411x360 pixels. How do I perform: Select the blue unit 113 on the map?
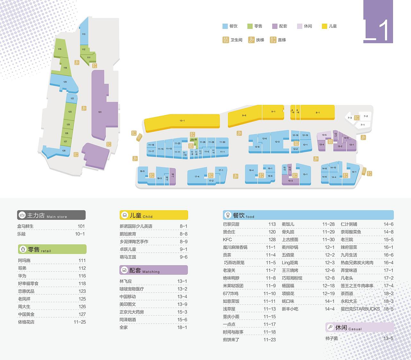[x=83, y=34]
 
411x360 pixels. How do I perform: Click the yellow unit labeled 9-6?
[x=244, y=115]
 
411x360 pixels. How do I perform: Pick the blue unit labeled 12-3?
[x=277, y=142]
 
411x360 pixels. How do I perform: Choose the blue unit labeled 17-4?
[x=197, y=176]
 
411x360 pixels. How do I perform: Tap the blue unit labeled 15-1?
[x=305, y=175]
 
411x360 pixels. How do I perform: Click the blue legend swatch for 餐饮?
[x=225, y=26]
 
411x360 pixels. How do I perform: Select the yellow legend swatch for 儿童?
[x=324, y=26]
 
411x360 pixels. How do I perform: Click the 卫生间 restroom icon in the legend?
[x=225, y=40]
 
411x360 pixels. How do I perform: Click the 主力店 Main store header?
[x=51, y=215]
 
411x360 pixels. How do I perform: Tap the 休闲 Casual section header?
[x=359, y=327]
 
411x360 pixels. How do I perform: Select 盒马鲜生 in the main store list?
[x=26, y=226]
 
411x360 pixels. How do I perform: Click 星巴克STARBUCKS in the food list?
[x=360, y=309]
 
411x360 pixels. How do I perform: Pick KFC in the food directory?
[x=227, y=239]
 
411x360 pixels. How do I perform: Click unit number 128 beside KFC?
[x=272, y=239]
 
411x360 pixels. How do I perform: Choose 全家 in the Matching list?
[x=124, y=327]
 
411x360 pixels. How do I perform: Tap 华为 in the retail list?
[x=22, y=276]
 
